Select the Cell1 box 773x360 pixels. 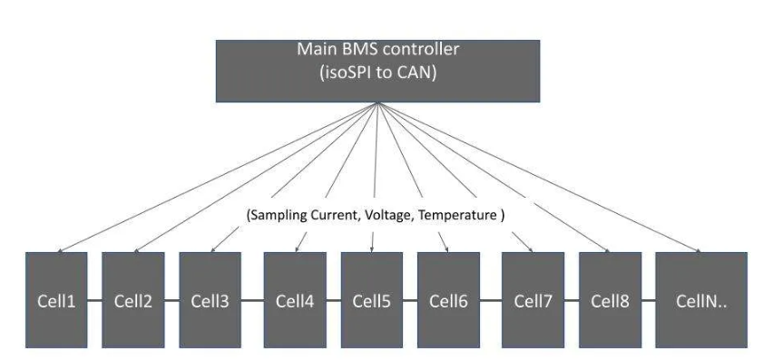56,300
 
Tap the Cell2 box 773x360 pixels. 133,300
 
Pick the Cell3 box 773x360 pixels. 210,300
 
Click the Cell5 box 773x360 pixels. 371,300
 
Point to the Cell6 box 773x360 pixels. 448,300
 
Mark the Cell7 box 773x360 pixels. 533,300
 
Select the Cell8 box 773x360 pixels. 610,300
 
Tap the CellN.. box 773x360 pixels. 700,300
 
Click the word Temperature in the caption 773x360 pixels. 461,216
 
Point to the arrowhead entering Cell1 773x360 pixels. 58,249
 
